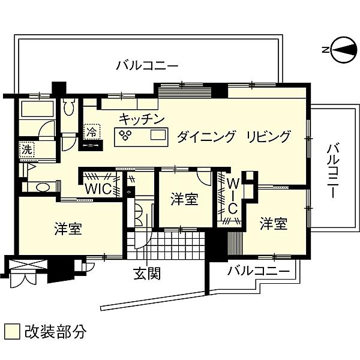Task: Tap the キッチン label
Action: [142, 119]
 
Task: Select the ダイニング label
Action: [206, 137]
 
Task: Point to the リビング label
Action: [268, 137]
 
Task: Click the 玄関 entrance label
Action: [147, 273]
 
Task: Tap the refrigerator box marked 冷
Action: [92, 132]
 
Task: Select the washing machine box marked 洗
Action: [27, 149]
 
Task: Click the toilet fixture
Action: [69, 107]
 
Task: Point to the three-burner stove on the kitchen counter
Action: [125, 135]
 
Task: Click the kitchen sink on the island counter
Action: [158, 135]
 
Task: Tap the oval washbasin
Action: [43, 187]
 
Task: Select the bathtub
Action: [37, 109]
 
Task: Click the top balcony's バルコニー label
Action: [147, 66]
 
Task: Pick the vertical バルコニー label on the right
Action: [333, 171]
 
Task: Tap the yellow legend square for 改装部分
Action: [12, 331]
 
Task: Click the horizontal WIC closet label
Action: [98, 189]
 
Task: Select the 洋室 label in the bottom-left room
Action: [68, 229]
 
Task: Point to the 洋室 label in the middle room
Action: [184, 199]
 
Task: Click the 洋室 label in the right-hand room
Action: [274, 223]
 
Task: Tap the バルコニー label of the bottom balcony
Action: [259, 271]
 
